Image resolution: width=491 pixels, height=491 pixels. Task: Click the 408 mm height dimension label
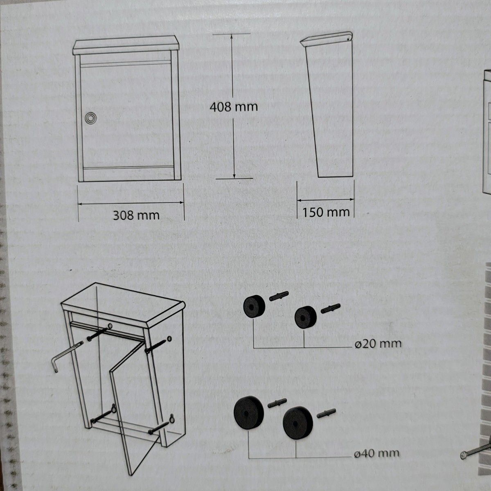pos(234,107)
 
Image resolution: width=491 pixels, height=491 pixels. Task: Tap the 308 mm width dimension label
pos(136,216)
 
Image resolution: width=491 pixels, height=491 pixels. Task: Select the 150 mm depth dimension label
pos(326,212)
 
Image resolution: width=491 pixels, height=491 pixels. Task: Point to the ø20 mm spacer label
pos(378,344)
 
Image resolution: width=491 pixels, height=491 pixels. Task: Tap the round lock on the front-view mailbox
pos(91,119)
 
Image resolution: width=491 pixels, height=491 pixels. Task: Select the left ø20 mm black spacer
pos(254,306)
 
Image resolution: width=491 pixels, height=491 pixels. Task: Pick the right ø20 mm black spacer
pos(305,317)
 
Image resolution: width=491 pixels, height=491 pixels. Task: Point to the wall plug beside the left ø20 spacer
pos(279,296)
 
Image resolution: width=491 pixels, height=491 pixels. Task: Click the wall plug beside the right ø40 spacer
pos(326,413)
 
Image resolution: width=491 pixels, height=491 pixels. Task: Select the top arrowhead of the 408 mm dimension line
pos(232,36)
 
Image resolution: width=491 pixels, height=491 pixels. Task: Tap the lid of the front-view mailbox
pos(126,45)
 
